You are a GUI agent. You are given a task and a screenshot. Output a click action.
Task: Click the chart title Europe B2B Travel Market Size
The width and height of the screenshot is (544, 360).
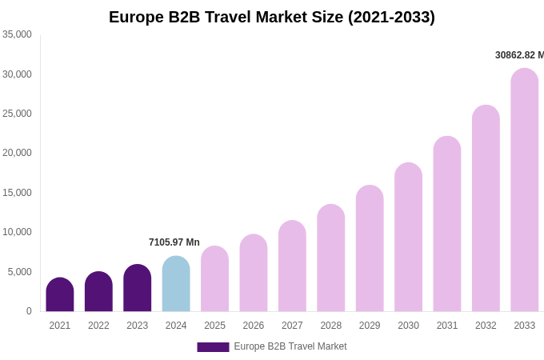point(272,17)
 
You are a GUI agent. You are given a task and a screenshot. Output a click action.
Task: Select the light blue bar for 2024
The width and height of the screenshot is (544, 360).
point(176,285)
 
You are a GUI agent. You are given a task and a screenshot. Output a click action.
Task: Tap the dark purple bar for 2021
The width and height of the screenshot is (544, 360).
point(60,295)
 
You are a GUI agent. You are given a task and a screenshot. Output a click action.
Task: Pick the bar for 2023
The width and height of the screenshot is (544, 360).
point(138,289)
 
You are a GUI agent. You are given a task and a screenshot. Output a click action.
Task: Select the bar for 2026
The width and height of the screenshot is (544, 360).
point(254,274)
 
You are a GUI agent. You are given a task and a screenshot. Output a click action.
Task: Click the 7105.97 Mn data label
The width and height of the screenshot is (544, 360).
point(174,242)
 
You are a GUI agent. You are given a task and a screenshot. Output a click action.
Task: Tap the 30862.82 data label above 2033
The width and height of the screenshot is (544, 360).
point(518,55)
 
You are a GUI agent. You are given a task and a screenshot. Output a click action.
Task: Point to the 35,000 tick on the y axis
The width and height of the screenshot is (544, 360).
point(17,34)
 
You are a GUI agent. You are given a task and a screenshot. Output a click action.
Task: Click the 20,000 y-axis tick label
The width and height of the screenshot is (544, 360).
point(17,153)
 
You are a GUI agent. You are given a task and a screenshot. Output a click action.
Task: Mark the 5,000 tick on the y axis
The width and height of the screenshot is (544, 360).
point(19,272)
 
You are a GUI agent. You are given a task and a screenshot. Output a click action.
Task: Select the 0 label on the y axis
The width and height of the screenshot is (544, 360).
point(29,311)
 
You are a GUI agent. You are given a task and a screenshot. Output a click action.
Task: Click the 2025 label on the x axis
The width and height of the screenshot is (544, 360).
point(214,326)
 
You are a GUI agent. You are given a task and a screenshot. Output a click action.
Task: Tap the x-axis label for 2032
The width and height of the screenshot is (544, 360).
point(486,326)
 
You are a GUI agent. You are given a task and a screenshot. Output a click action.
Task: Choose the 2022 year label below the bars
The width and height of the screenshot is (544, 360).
point(98,326)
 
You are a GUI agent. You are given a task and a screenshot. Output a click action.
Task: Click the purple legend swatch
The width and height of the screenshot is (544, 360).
point(213,347)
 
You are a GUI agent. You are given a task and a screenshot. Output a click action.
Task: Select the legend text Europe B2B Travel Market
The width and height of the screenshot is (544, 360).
point(290,346)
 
